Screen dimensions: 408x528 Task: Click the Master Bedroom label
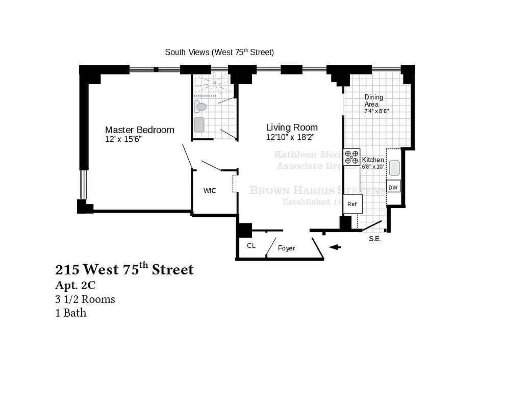139,130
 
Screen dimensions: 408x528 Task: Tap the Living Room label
292,127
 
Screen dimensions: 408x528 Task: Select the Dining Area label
373,100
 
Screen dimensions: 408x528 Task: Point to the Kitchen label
373,160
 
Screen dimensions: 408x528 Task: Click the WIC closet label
210,191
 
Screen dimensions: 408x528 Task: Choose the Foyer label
287,248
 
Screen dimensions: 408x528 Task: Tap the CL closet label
251,246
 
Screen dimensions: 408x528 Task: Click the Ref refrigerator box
352,204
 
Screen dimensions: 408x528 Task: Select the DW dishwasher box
393,187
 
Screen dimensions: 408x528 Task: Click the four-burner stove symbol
351,156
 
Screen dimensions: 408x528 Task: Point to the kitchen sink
394,168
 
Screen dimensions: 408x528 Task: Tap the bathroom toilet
199,107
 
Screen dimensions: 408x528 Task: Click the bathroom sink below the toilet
199,125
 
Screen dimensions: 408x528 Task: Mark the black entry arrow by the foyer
335,247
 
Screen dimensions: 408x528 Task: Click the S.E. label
375,239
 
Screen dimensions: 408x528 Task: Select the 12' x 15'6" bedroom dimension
123,139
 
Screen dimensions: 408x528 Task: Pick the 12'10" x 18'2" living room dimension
290,137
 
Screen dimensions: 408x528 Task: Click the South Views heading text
219,52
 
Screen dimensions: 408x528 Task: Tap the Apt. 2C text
75,286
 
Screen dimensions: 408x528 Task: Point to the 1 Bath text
71,313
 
